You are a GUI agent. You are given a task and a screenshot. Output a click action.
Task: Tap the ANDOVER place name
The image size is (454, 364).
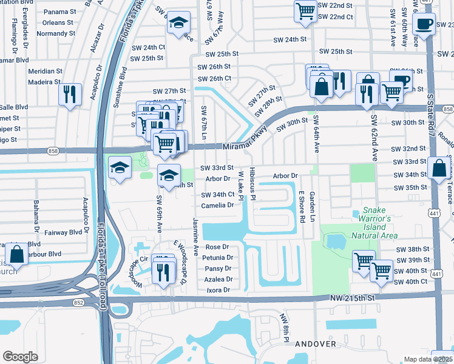[315, 344]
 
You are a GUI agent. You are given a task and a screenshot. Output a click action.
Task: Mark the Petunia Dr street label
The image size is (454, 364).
[219, 258]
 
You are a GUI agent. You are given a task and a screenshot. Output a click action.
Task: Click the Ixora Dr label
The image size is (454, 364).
[219, 290]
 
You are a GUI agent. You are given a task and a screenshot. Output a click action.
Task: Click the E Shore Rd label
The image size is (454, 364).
[301, 207]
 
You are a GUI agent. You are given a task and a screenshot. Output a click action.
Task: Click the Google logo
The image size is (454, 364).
[20, 356]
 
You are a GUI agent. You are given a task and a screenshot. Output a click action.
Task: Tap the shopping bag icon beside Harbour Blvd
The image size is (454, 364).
[17, 255]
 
